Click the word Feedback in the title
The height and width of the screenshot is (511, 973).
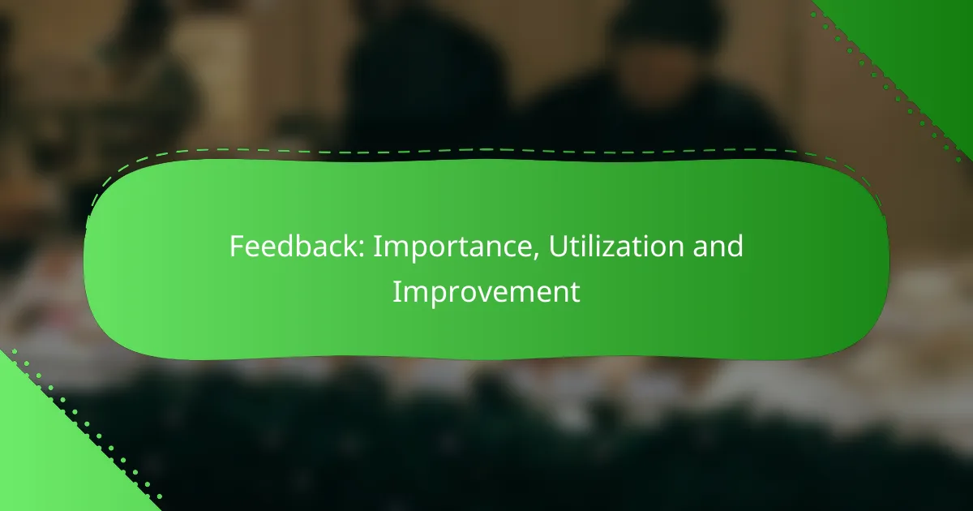(297, 246)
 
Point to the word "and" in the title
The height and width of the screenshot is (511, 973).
(718, 246)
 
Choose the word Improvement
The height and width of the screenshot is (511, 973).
(486, 293)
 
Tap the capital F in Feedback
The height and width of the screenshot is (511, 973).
(237, 247)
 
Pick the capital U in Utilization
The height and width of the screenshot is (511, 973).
(559, 247)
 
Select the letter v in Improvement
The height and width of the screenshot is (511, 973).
(491, 295)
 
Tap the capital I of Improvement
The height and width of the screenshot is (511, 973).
(396, 292)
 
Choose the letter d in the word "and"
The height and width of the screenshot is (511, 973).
(735, 246)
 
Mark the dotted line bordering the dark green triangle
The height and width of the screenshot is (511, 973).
(886, 87)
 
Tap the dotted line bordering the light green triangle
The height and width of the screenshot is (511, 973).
(87, 423)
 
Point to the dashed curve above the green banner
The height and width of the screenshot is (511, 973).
(486, 150)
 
